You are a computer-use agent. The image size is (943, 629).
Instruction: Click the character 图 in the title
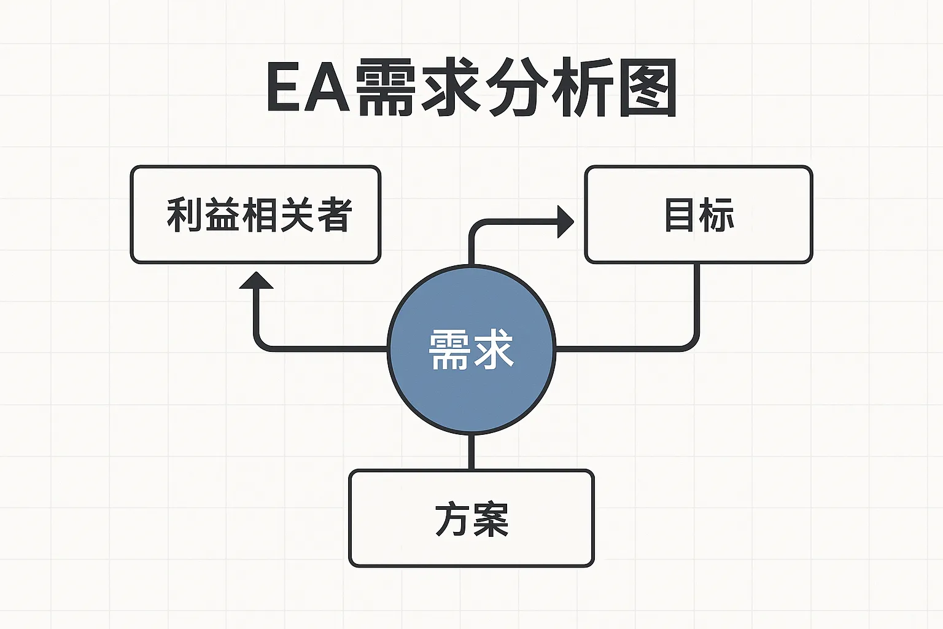pyautogui.click(x=647, y=87)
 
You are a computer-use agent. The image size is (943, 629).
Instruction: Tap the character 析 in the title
pyautogui.click(x=582, y=87)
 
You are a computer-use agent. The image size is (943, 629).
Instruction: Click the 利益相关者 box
pyautogui.click(x=255, y=214)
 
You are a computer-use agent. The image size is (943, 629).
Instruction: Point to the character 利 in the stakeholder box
pyautogui.click(x=185, y=214)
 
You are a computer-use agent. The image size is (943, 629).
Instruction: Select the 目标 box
pyautogui.click(x=698, y=214)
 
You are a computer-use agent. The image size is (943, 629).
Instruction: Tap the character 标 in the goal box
pyautogui.click(x=717, y=214)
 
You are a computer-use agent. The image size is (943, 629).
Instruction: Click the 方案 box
pyautogui.click(x=471, y=518)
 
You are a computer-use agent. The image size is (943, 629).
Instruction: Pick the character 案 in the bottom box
pyautogui.click(x=491, y=520)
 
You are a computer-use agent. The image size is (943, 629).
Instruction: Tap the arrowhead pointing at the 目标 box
pyautogui.click(x=564, y=222)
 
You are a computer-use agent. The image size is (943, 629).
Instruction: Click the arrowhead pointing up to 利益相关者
pyautogui.click(x=256, y=281)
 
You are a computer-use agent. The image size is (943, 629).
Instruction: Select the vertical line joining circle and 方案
pyautogui.click(x=471, y=451)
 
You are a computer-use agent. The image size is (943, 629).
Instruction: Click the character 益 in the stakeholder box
pyautogui.click(x=222, y=214)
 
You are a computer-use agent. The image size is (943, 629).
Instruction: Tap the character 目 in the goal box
pyautogui.click(x=680, y=214)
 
